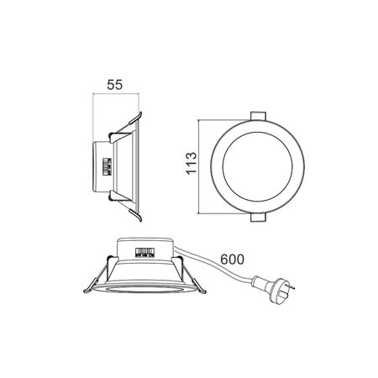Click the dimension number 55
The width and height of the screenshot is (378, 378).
(x=115, y=84)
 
